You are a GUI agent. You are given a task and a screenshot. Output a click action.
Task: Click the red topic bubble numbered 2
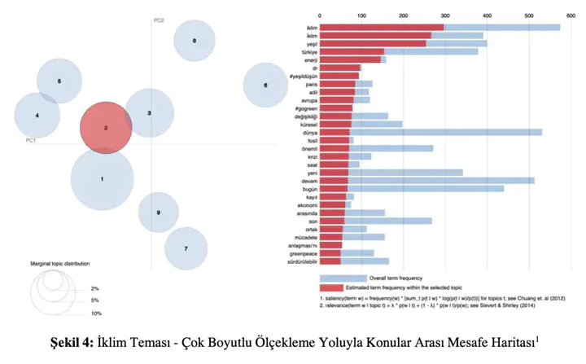[x=106, y=129]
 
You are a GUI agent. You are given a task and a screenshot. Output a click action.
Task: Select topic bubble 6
[x=266, y=85]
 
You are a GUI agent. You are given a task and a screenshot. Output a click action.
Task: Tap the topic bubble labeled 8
[x=194, y=41]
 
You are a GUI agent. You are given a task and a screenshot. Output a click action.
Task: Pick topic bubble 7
[x=186, y=248]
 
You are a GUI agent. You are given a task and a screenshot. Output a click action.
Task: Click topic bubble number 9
[x=158, y=213]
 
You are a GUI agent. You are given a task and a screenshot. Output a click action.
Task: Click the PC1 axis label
[x=31, y=140]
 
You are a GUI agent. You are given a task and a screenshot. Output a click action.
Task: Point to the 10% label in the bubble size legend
[x=96, y=314]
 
